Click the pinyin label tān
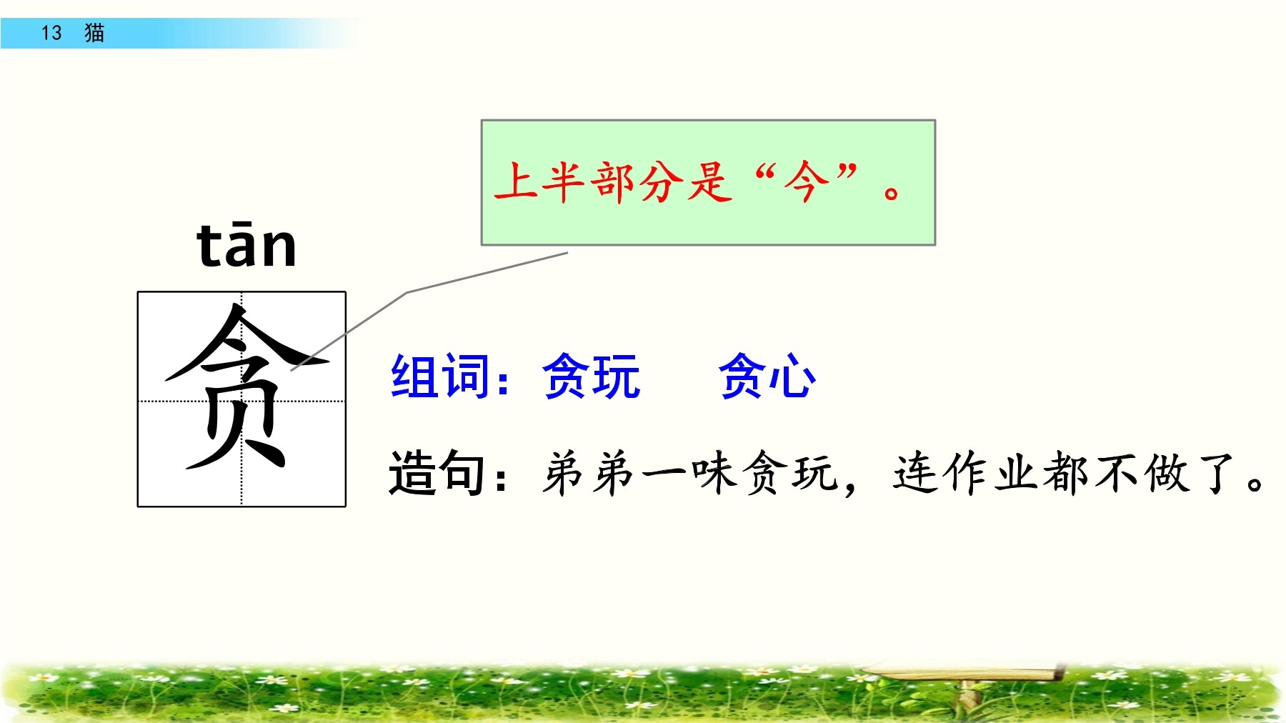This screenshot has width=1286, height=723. (246, 245)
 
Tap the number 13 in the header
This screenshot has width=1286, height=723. (51, 33)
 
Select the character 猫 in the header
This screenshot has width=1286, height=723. (94, 33)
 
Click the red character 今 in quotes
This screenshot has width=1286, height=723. (806, 181)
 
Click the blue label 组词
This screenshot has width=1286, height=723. (440, 376)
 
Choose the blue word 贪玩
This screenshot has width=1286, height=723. (592, 376)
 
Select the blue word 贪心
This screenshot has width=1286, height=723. (767, 376)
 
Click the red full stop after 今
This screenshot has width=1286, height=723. (892, 192)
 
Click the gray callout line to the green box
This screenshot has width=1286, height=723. (407, 292)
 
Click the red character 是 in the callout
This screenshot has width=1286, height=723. (710, 181)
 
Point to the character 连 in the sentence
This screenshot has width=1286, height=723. (916, 473)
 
